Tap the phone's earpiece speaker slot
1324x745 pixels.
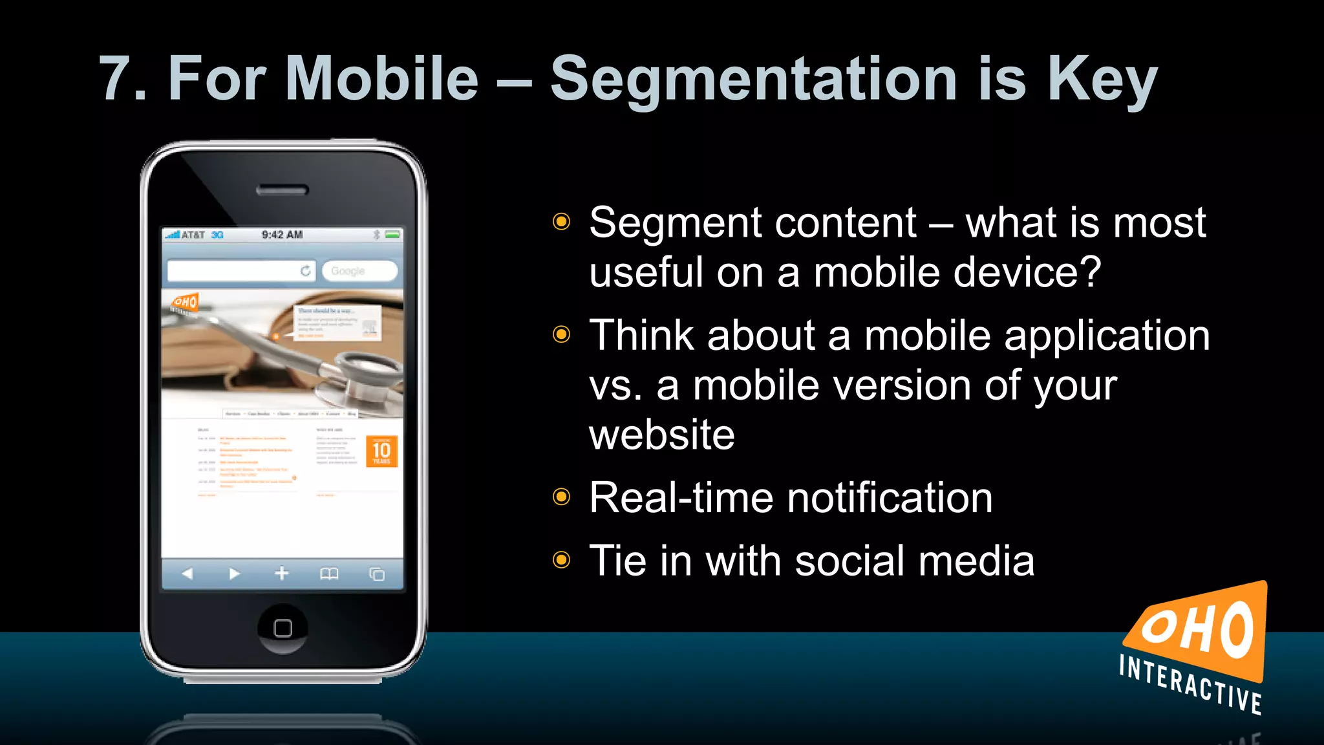click(x=283, y=190)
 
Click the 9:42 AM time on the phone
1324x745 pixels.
click(x=282, y=235)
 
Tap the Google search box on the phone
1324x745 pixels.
click(x=359, y=271)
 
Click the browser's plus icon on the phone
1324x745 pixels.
click(x=282, y=574)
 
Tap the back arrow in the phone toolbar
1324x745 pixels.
click(x=187, y=574)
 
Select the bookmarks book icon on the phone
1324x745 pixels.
click(x=329, y=574)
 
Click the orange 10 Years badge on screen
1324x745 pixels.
click(x=381, y=451)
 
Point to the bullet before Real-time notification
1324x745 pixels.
click(x=562, y=497)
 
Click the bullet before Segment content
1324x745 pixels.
click(x=562, y=222)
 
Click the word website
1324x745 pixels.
click(x=661, y=435)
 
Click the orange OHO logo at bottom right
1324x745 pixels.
click(x=1200, y=631)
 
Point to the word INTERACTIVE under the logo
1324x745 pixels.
click(x=1190, y=684)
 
